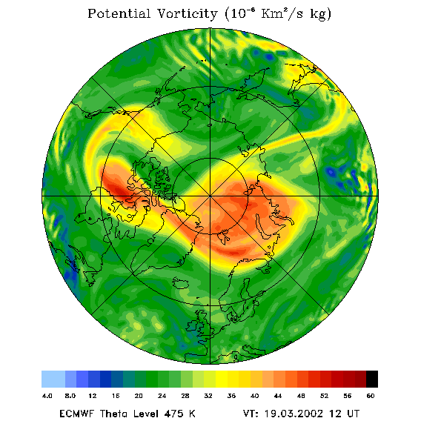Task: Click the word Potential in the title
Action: click(119, 13)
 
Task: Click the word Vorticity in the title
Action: click(187, 13)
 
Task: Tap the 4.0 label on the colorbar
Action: click(47, 396)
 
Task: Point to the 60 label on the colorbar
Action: click(371, 396)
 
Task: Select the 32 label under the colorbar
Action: click(208, 396)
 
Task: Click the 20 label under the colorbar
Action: click(139, 396)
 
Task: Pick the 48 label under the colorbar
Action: click(301, 396)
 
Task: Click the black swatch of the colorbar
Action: click(372, 379)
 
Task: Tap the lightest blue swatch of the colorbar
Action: click(53, 379)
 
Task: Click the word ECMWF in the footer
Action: click(76, 414)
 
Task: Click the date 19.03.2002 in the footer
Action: click(294, 414)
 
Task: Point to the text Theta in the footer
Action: click(114, 414)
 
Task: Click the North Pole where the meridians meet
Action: click(210, 196)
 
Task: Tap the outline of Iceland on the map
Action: click(181, 282)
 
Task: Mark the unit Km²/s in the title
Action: click(282, 13)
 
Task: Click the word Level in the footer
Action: click(144, 414)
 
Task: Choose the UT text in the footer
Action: click(353, 414)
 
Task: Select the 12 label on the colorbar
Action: click(93, 396)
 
